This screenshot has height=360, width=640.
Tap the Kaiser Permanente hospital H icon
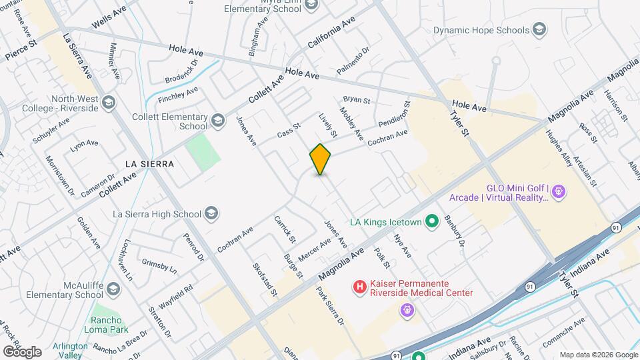359,287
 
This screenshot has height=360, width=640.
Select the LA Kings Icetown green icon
431,221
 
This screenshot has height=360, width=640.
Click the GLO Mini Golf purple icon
559,193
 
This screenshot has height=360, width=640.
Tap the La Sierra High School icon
211,213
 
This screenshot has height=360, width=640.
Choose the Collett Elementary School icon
217,121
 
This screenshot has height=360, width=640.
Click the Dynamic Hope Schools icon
539,30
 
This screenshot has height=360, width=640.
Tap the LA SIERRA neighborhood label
149,164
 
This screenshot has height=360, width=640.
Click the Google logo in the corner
21,351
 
